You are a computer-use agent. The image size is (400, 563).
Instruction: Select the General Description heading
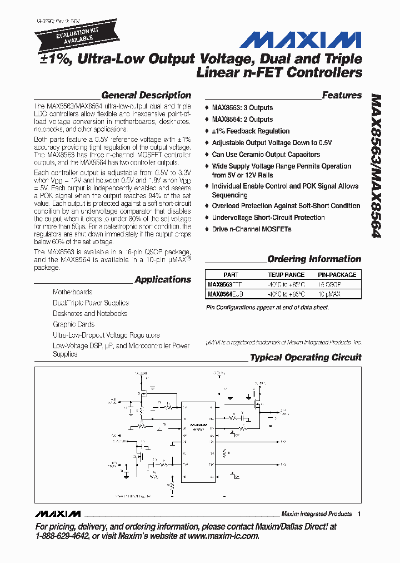click(x=146, y=95)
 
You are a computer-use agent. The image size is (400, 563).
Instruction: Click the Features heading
click(x=342, y=95)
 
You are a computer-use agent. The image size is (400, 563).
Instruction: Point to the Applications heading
click(x=163, y=279)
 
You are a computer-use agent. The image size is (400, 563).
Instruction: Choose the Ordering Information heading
click(x=314, y=259)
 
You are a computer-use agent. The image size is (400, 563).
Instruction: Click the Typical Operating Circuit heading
click(x=306, y=357)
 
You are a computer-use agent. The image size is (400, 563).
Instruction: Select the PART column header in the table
click(x=231, y=275)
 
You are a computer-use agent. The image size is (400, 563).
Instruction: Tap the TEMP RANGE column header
click(x=286, y=275)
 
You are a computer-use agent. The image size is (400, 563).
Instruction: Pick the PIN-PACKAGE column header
click(x=337, y=275)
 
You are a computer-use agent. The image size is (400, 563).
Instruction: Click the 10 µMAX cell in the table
click(x=329, y=294)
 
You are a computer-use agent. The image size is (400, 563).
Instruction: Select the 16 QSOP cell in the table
click(x=329, y=284)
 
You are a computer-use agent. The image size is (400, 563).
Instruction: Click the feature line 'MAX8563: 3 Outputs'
click(x=242, y=108)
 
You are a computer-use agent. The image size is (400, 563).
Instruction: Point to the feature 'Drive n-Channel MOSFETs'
click(x=251, y=229)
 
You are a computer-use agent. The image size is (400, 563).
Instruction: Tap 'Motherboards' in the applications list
click(x=73, y=292)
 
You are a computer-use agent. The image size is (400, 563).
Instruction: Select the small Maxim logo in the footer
click(x=57, y=513)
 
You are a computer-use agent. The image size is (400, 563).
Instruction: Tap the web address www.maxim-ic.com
click(x=223, y=536)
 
